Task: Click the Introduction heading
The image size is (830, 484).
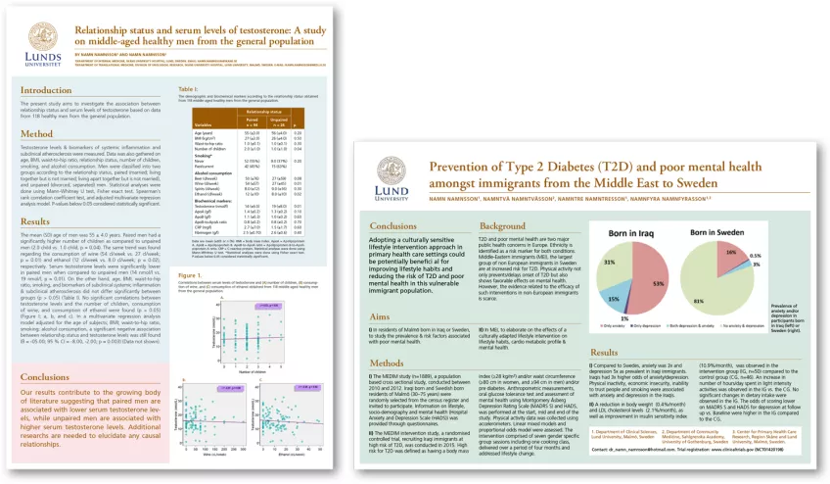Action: pos(48,90)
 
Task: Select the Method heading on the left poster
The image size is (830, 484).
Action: pos(36,133)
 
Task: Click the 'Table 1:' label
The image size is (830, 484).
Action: pos(190,89)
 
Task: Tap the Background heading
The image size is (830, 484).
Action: pos(503,226)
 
